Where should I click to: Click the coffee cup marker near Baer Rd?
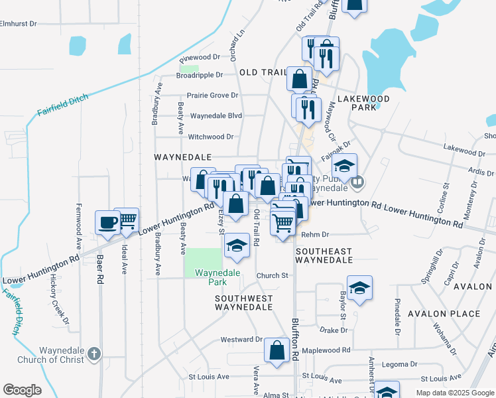tap(107, 223)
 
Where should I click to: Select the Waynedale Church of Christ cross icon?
tap(94, 354)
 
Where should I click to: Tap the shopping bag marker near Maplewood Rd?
tap(277, 350)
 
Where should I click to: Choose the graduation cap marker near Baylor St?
tap(359, 288)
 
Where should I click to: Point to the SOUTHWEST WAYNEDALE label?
tap(243, 302)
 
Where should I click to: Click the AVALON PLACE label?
tap(444, 313)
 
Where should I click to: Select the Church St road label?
tap(274, 275)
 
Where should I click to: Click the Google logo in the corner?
tap(23, 390)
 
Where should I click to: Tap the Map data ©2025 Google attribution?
tap(455, 393)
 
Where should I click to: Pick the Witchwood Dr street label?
tap(212, 137)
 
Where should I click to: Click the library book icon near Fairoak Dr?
tap(357, 180)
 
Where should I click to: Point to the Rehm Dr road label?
tap(315, 234)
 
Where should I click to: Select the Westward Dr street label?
tap(237, 340)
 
